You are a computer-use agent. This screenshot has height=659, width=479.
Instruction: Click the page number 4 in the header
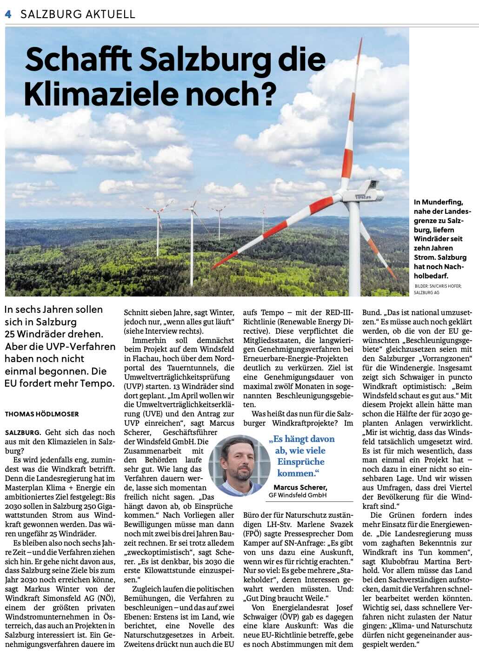click(8, 14)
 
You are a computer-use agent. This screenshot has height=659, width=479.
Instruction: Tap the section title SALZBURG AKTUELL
click(78, 14)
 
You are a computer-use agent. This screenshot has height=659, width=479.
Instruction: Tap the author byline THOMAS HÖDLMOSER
click(42, 414)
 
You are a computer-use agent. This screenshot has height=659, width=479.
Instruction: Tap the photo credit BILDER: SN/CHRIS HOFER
click(438, 286)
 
